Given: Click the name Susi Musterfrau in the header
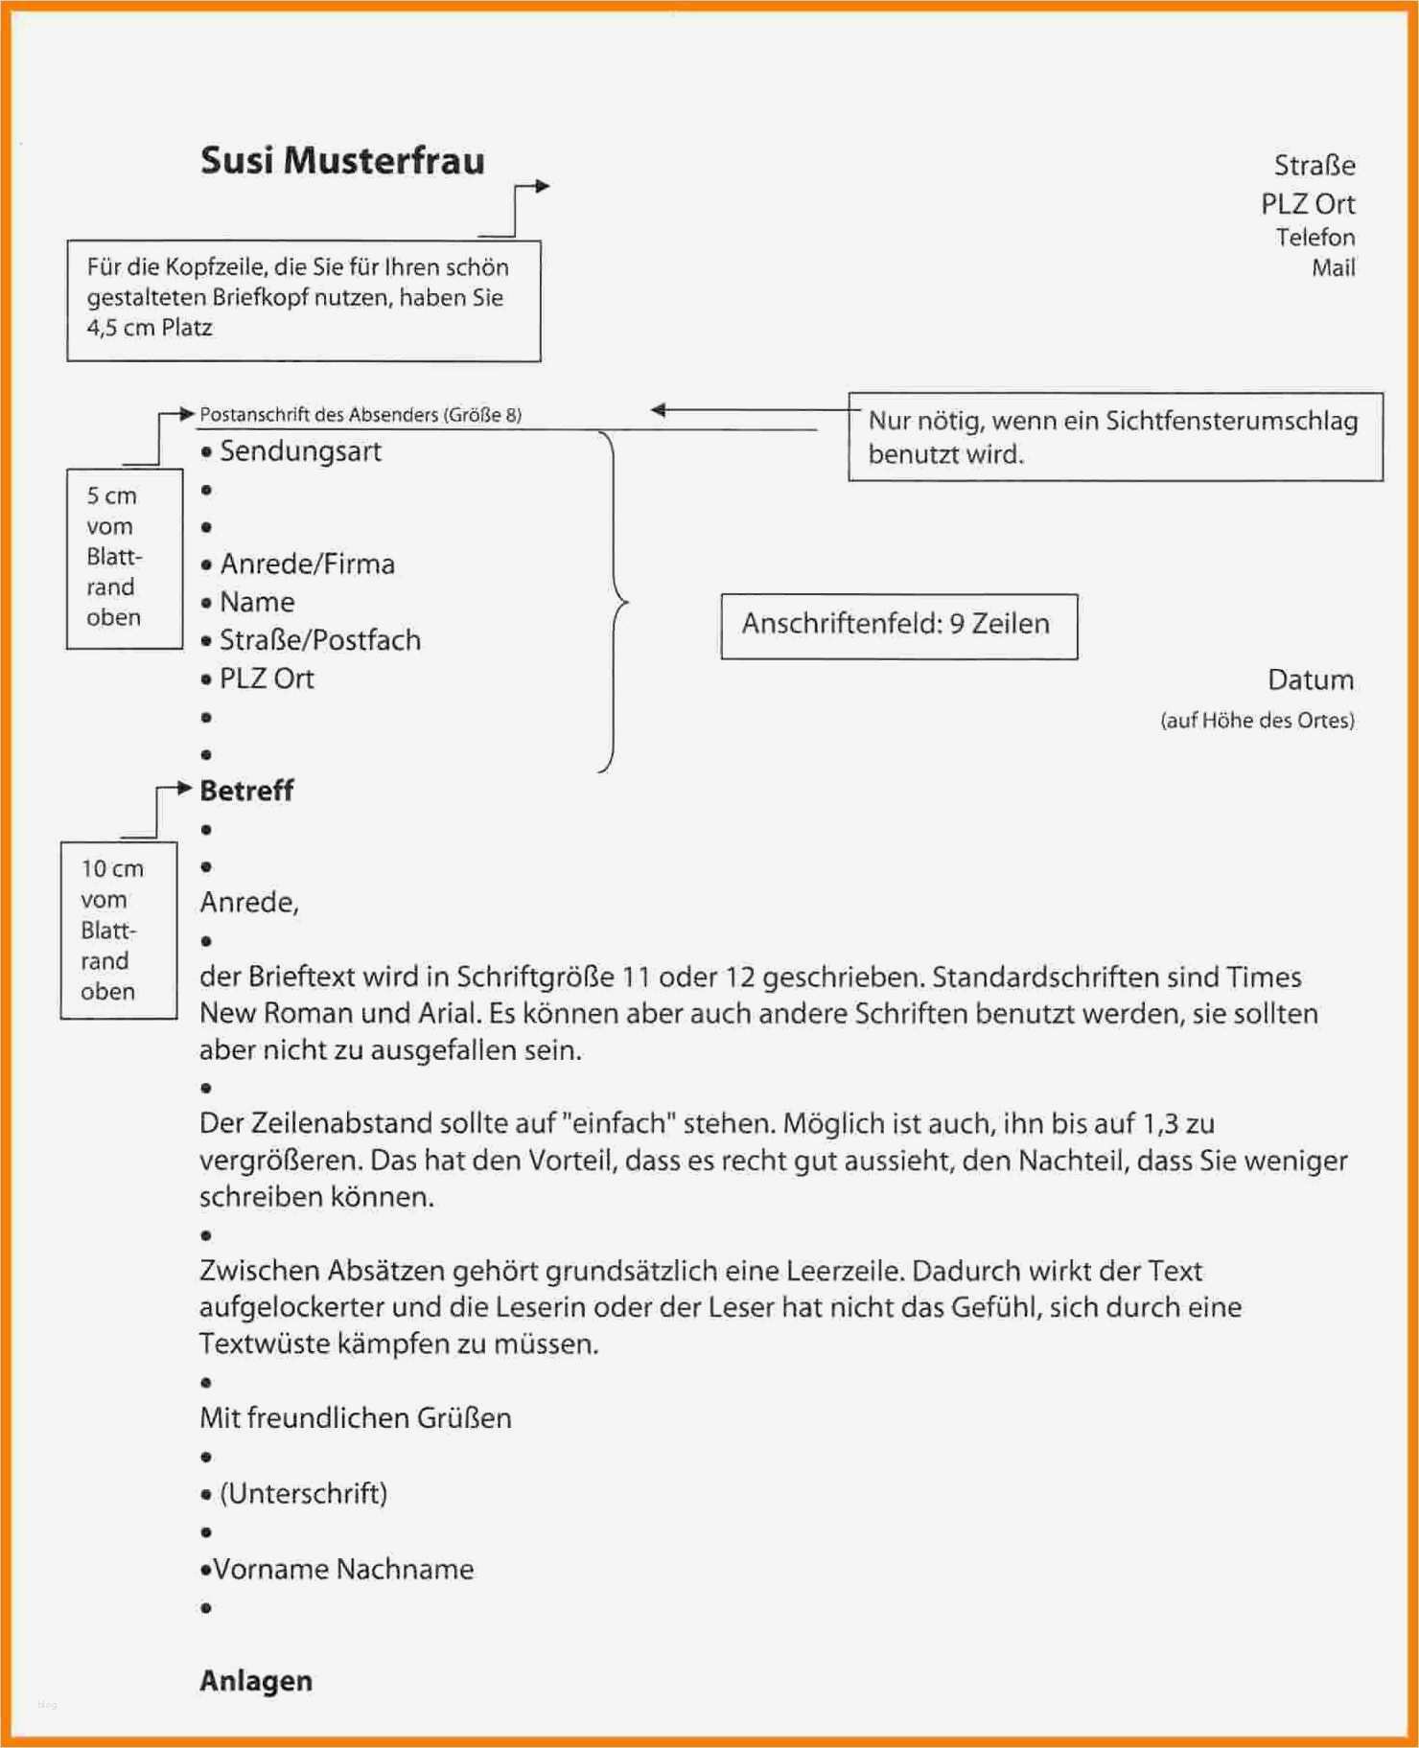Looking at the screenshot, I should coord(342,161).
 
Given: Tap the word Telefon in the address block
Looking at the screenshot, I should coord(1314,237).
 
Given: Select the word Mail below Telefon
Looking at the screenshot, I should coord(1333,267).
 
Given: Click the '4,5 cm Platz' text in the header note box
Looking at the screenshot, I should coord(150,328).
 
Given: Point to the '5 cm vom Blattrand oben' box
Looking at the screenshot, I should coord(124,558).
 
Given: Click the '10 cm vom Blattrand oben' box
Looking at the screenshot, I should coord(118,930).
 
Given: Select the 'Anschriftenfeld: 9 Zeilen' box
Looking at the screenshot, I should coord(898,625).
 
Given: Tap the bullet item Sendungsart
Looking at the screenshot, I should coord(299,451).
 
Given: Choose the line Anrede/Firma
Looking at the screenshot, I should coord(307,564).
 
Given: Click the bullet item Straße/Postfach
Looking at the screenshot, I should coord(319,640).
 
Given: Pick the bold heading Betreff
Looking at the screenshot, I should coord(246,791).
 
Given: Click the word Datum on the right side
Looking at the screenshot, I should coord(1310,680).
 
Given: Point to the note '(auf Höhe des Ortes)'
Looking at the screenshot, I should coord(1257,721).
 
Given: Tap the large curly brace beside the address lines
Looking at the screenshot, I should coord(614,602).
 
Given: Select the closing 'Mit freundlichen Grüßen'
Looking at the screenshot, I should coord(355,1418).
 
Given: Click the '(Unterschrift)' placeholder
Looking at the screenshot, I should coord(303,1494).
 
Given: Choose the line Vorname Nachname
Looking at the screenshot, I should coord(342,1570).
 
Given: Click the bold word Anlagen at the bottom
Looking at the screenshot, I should coord(255,1681).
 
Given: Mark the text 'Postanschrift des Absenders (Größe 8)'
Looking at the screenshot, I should coord(361,415).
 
